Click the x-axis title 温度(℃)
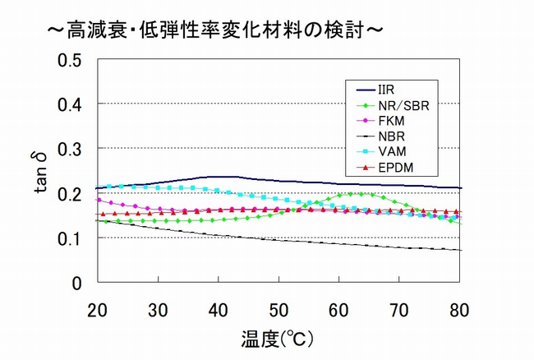(279, 338)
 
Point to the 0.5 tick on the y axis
(71, 61)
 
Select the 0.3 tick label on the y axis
(71, 150)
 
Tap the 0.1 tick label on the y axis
(71, 238)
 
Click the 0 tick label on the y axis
(78, 283)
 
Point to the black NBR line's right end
(459, 250)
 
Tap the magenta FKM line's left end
(99, 200)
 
